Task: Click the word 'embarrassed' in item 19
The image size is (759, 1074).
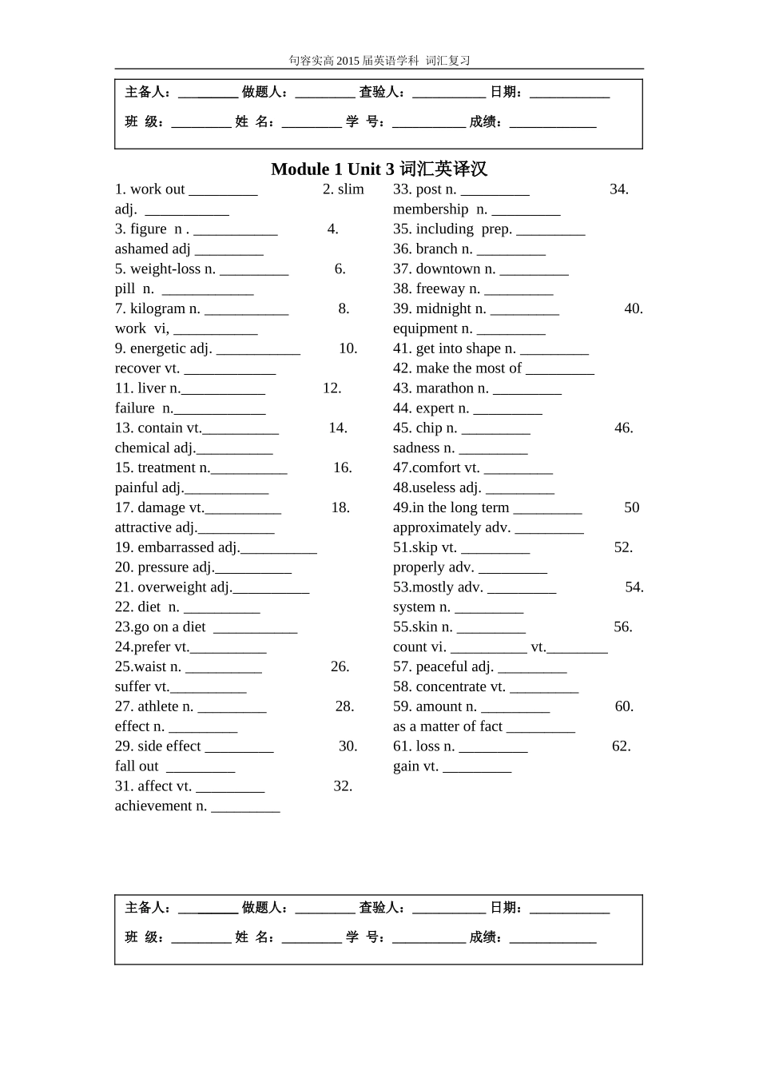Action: (176, 547)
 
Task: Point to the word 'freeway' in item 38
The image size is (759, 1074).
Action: (440, 289)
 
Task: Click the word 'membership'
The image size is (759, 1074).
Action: (431, 209)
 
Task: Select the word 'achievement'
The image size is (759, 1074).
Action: (153, 806)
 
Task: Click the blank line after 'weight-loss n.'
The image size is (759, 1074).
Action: (254, 270)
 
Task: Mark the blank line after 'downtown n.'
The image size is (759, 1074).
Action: (534, 270)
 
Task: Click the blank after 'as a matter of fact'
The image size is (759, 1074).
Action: (540, 727)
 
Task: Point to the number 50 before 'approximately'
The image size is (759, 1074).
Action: (631, 507)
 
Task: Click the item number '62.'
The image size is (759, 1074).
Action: (621, 746)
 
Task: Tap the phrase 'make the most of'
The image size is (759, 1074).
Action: (468, 368)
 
